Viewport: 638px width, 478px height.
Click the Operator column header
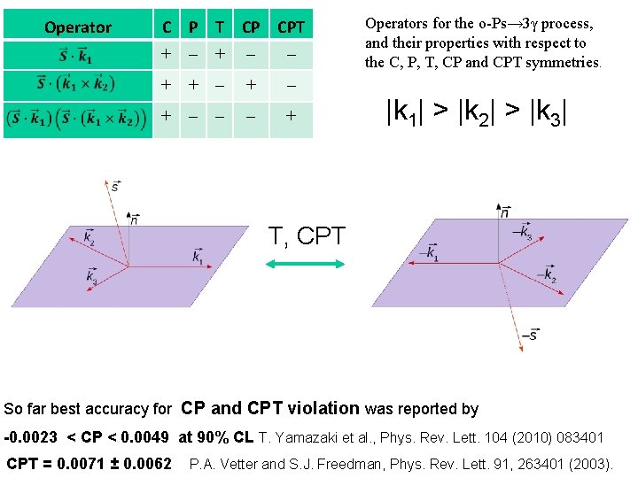pos(78,27)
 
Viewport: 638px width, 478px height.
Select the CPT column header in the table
pos(291,27)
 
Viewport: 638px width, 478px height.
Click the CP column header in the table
pos(253,27)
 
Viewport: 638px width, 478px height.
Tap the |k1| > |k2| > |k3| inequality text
pos(476,112)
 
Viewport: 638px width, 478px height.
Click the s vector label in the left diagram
pos(115,186)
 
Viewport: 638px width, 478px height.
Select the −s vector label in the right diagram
pos(529,335)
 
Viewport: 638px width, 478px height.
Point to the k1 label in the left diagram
pos(197,256)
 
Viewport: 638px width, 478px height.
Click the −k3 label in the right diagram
pos(524,233)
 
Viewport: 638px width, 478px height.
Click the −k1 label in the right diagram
pos(432,254)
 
